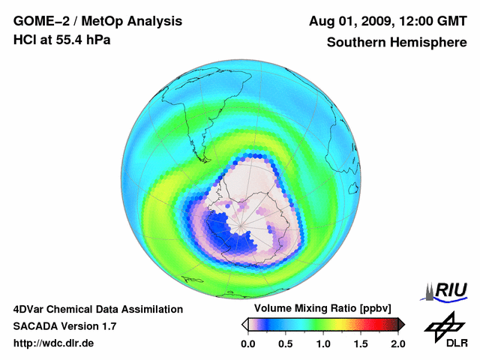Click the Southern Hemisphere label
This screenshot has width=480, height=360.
point(397,42)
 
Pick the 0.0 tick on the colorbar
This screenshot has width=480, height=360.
point(248,343)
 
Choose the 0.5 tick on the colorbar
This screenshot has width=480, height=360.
point(286,343)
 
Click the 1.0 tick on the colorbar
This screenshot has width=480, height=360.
point(323,343)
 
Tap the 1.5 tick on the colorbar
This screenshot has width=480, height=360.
point(361,343)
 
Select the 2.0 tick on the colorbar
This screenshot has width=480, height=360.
point(397,343)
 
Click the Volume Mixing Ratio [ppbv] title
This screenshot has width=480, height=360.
point(319,308)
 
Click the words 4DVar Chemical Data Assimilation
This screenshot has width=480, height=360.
point(97,309)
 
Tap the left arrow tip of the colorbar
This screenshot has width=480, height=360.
point(244,324)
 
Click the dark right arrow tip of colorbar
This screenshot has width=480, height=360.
point(401,324)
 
